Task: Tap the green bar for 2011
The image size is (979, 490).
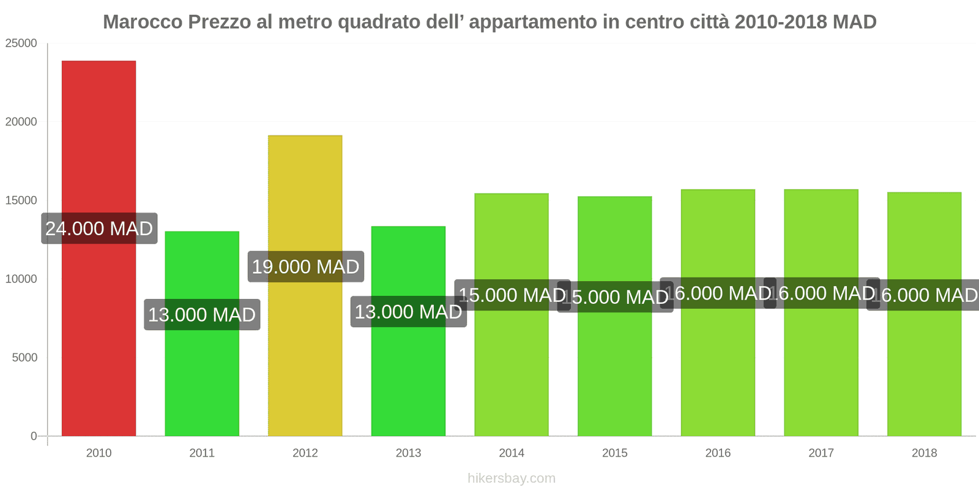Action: [x=202, y=380]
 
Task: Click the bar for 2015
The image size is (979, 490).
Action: [x=614, y=367]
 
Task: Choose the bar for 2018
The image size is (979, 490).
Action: [x=924, y=367]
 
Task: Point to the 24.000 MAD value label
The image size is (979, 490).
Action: [x=99, y=228]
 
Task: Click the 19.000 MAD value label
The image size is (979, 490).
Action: [x=305, y=266]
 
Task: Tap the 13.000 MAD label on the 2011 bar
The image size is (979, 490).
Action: [x=202, y=314]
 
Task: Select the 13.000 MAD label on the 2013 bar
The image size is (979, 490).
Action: [x=408, y=311]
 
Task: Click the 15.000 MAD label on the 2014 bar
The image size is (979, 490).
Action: [x=512, y=295]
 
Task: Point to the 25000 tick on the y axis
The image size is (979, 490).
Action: [x=21, y=43]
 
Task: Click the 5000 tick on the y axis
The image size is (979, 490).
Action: [x=24, y=358]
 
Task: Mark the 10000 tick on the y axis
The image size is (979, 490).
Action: [x=21, y=279]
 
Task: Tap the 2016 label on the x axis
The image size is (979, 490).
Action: [x=718, y=453]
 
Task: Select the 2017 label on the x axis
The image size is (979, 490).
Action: [x=821, y=453]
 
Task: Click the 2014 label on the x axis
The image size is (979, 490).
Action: [x=512, y=453]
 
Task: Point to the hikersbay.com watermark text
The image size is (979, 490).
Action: [x=512, y=478]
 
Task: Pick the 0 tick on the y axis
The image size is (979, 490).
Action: [x=34, y=436]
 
